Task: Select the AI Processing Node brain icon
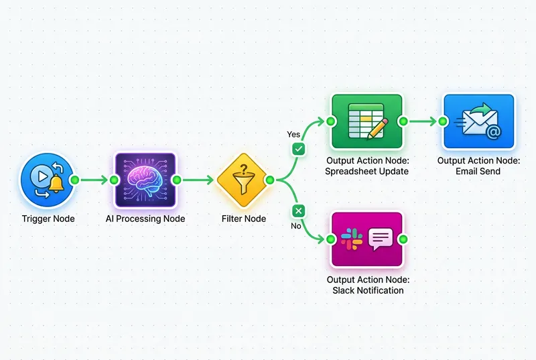tap(145, 179)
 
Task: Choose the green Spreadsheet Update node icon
tap(366, 121)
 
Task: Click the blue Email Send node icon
tap(478, 121)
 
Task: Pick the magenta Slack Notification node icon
tap(366, 239)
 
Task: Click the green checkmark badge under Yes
tap(298, 148)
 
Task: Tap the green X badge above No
tap(298, 211)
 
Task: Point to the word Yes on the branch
tap(293, 134)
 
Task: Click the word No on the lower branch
tap(295, 225)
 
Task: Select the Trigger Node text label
tap(48, 219)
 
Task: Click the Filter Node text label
tap(244, 219)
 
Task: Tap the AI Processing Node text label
tap(145, 219)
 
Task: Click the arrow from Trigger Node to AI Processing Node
tap(93, 180)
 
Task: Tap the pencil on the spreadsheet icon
tap(377, 127)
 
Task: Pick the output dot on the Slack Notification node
tap(403, 239)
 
